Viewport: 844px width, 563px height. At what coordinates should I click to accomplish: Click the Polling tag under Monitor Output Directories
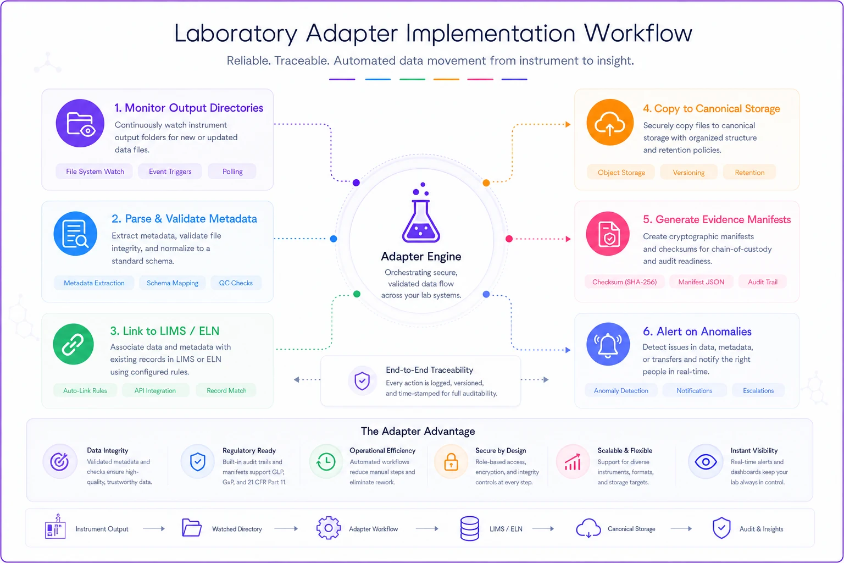click(x=232, y=172)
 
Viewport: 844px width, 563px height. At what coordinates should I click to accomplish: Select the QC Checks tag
click(x=236, y=283)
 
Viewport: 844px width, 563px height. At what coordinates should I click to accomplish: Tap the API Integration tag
click(x=155, y=391)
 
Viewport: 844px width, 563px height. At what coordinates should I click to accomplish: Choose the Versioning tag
click(x=688, y=172)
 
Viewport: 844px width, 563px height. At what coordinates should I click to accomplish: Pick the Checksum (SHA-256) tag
click(x=624, y=282)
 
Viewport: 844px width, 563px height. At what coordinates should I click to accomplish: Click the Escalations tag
click(x=758, y=391)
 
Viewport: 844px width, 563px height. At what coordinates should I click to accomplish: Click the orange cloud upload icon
click(x=609, y=123)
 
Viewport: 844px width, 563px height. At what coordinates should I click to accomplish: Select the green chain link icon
click(x=73, y=344)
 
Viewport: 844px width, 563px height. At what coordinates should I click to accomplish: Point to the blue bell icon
click(x=608, y=344)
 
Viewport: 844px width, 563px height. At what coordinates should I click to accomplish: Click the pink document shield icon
click(x=608, y=234)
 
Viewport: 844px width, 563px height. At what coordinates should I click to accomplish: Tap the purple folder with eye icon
click(x=80, y=123)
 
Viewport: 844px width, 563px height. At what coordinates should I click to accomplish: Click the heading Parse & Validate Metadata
click(x=184, y=219)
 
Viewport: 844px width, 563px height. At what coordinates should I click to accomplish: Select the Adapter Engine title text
click(x=421, y=256)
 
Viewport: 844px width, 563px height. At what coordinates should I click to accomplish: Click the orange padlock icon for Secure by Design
click(x=451, y=461)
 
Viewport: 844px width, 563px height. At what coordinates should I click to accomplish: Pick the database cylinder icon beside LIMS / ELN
click(x=470, y=529)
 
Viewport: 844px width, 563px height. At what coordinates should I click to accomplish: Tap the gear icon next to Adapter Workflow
click(x=329, y=528)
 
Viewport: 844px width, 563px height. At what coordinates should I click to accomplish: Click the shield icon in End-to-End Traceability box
click(x=362, y=380)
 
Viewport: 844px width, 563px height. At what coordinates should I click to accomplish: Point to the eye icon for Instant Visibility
click(x=706, y=462)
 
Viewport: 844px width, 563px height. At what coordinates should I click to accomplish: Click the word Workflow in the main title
click(x=638, y=33)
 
